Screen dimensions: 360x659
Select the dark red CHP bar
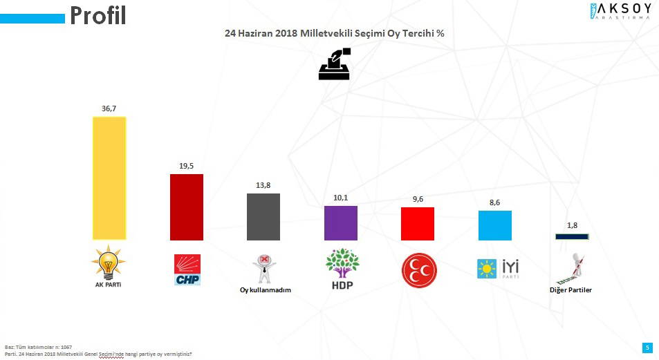(x=187, y=207)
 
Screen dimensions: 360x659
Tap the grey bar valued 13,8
(x=263, y=216)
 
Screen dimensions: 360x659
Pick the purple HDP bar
(x=341, y=222)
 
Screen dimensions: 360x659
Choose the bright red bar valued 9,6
(x=418, y=223)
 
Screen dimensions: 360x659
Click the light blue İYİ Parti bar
(x=495, y=225)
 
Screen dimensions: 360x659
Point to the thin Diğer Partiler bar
(x=572, y=236)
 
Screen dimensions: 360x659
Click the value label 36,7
(x=109, y=108)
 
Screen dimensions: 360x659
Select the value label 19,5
(x=187, y=165)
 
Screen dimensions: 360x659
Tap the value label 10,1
(x=341, y=198)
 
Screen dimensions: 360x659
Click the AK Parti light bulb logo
(x=109, y=264)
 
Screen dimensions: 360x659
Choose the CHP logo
(x=187, y=269)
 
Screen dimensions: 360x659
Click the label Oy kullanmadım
(x=261, y=290)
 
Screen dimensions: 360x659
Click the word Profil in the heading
(x=98, y=15)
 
